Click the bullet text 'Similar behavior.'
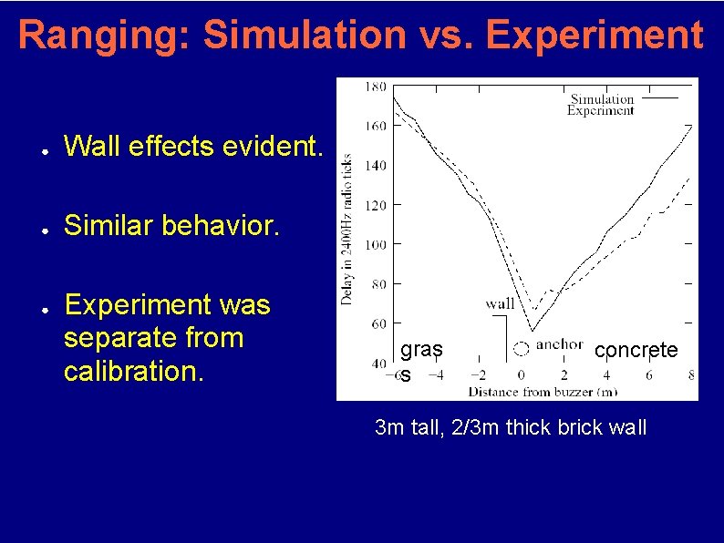click(x=173, y=225)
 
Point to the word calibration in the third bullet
click(x=127, y=372)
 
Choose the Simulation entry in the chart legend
click(x=602, y=98)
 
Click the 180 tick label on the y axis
click(x=374, y=87)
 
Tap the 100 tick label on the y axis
click(x=374, y=244)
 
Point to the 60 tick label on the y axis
click(x=377, y=323)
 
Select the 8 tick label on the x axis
click(x=691, y=374)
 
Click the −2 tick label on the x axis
click(x=477, y=374)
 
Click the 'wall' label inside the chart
click(x=500, y=304)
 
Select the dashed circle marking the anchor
click(x=521, y=347)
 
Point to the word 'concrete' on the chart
click(x=636, y=350)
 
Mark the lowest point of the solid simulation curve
click(x=532, y=330)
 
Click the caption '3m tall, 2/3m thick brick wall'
click(x=511, y=426)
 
